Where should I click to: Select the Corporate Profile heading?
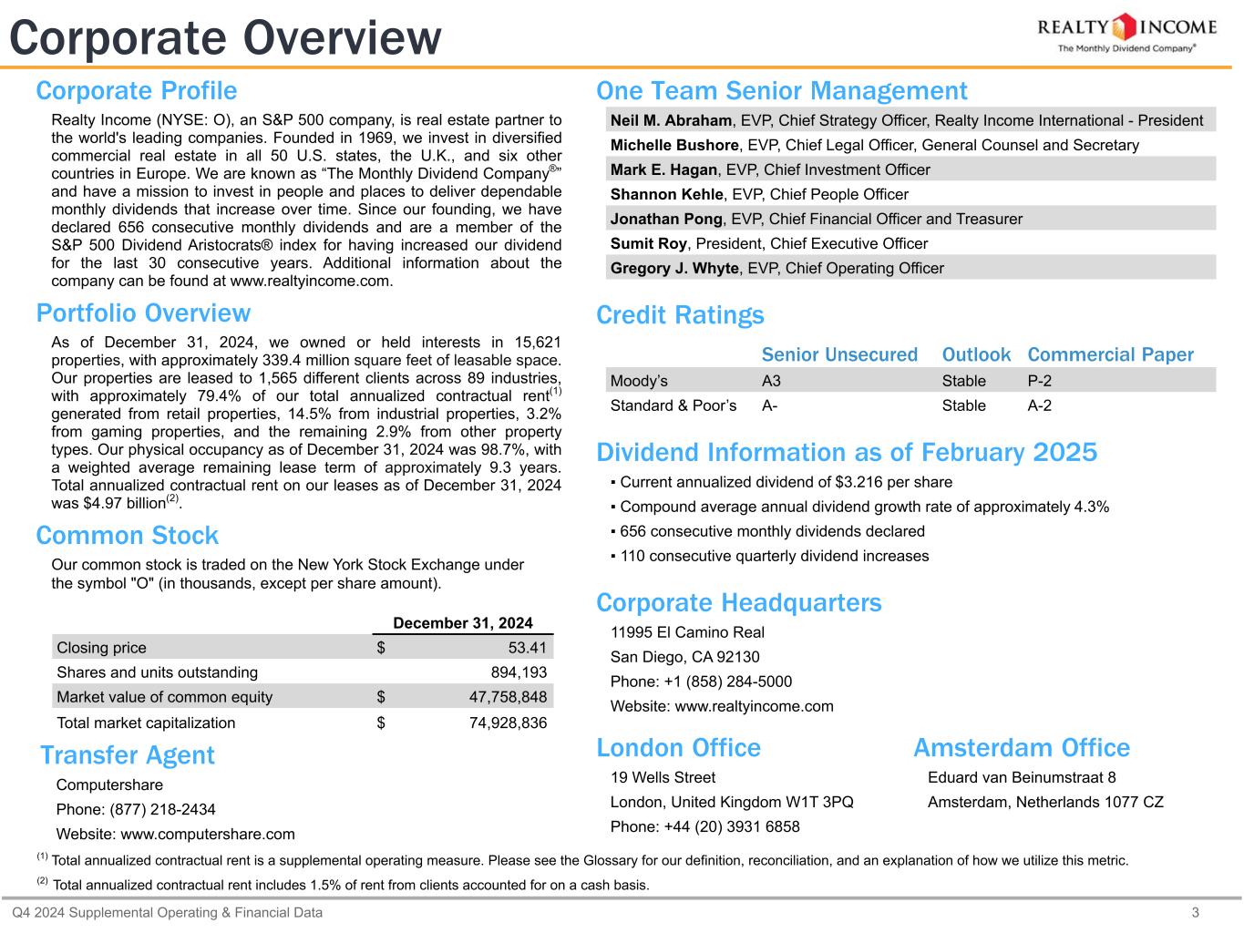click(137, 91)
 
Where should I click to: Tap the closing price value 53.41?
click(527, 648)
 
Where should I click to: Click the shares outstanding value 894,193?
click(519, 672)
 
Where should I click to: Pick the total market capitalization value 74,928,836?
click(501, 723)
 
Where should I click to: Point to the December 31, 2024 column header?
click(462, 623)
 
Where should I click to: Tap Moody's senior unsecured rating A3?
click(771, 381)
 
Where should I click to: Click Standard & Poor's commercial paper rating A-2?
click(1039, 405)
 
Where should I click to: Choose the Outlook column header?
click(976, 354)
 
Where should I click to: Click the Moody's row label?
click(639, 381)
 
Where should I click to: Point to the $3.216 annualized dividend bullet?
click(785, 482)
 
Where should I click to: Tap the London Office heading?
click(678, 748)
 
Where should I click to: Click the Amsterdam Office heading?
click(1021, 748)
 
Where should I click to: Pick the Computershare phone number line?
click(136, 809)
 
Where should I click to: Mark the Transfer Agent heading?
click(128, 755)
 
